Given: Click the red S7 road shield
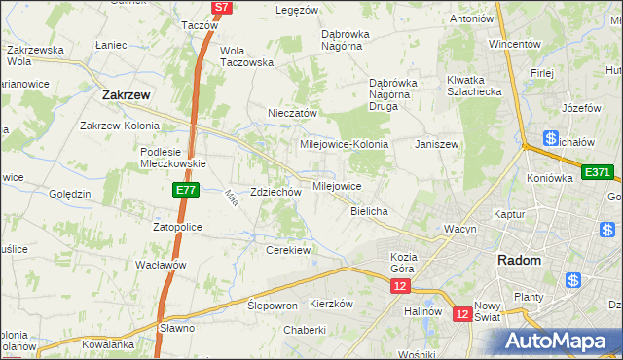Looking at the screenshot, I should (222, 7).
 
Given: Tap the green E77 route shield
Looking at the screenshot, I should (187, 191).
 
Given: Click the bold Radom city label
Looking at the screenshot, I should (519, 260).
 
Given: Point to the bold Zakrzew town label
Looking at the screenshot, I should (125, 95).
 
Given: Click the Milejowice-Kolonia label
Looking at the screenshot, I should (344, 144).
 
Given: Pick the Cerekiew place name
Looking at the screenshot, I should (287, 250).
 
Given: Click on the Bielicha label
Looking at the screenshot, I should (370, 211).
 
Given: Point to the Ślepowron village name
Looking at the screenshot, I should (273, 305).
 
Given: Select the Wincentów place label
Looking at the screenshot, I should (514, 44).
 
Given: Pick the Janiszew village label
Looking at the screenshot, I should (436, 144).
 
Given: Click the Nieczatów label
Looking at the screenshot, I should (293, 113).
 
